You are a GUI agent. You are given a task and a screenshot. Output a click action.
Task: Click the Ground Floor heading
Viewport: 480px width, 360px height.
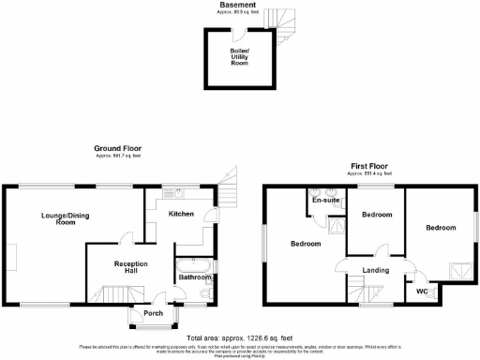click(117, 148)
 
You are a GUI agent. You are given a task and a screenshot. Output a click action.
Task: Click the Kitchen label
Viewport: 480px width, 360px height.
click(180, 214)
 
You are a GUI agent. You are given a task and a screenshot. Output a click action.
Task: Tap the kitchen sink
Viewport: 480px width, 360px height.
click(175, 194)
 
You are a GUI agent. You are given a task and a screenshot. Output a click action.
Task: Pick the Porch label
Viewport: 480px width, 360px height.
click(152, 314)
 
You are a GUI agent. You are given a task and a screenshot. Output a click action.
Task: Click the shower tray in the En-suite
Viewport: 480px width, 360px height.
click(334, 224)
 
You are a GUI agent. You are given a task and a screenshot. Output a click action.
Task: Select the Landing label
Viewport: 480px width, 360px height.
click(375, 270)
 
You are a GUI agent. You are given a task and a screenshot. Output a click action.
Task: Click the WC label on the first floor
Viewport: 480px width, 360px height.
click(423, 292)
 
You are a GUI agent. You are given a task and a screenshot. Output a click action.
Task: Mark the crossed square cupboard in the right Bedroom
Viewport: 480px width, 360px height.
click(458, 273)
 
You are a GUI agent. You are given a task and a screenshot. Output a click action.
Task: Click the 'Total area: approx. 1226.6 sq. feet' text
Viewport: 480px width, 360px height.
click(239, 337)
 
